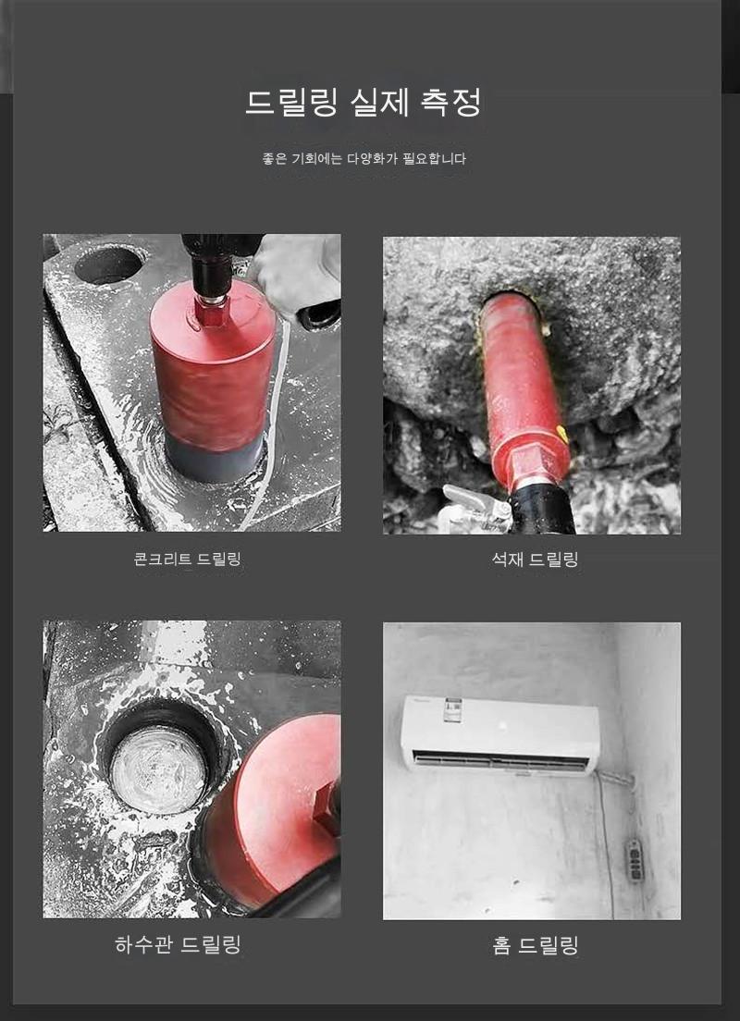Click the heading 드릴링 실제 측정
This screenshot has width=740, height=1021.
tap(363, 103)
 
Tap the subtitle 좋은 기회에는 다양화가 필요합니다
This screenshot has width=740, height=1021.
tap(364, 159)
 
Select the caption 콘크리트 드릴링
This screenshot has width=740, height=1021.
tap(188, 559)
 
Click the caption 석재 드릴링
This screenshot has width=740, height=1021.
tap(535, 559)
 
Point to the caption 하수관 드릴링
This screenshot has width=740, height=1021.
tap(178, 944)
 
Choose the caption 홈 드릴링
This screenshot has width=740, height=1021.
tap(536, 945)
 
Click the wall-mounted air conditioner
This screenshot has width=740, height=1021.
tap(499, 735)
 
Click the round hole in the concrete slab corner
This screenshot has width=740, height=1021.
tap(109, 264)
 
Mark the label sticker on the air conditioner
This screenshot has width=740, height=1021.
tap(452, 709)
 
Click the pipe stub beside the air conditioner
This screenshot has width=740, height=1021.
tap(615, 776)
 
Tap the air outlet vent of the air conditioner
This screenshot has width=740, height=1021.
tap(499, 760)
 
